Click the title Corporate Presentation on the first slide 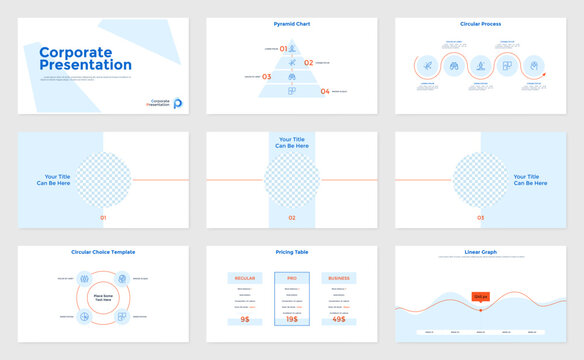point(85,58)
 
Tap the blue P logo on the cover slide point(177,102)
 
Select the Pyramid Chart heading point(291,23)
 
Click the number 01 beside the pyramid point(283,48)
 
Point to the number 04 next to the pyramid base point(325,91)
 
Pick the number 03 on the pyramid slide point(266,76)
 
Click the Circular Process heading point(480,23)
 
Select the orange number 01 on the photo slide point(103,217)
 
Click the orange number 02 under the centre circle point(292,217)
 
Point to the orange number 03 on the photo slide point(480,217)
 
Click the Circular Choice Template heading point(103,252)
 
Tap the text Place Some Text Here point(103,297)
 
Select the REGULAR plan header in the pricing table point(245,277)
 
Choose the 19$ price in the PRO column point(292,319)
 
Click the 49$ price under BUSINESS point(339,319)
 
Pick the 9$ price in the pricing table point(245,319)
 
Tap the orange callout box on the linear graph point(480,297)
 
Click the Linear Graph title point(480,252)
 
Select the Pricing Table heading point(291,252)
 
